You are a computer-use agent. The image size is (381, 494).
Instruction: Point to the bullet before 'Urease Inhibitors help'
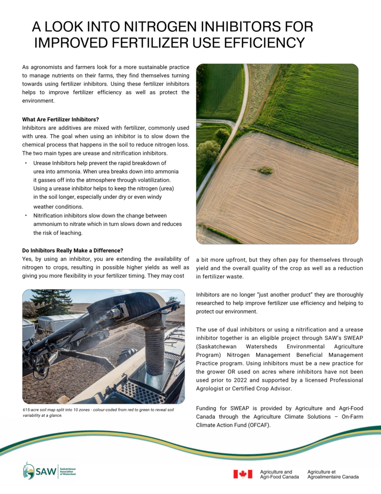[26, 163]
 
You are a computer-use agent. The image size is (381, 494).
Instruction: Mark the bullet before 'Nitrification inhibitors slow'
[26, 216]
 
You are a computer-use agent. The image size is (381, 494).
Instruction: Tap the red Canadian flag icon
[243, 474]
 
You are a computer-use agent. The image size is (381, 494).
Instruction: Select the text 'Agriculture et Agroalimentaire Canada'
[332, 474]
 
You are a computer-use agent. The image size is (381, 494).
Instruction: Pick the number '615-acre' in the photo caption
[32, 410]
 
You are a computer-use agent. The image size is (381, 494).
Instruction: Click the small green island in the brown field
[264, 170]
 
